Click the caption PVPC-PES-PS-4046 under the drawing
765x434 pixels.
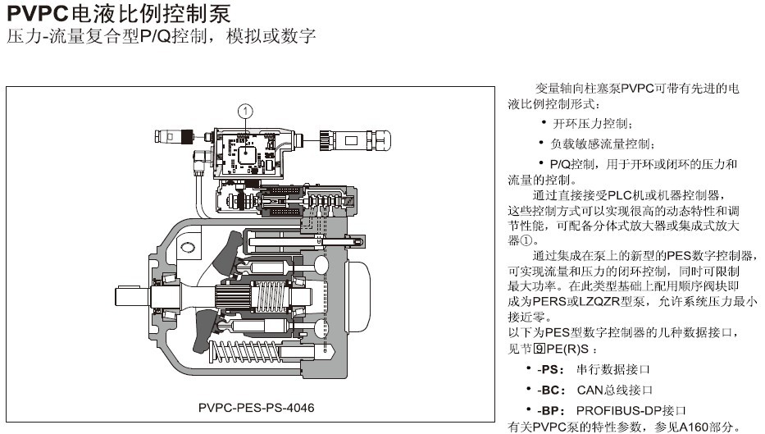[257, 407]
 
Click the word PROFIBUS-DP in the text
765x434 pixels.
[612, 409]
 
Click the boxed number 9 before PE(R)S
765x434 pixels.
[540, 348]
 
